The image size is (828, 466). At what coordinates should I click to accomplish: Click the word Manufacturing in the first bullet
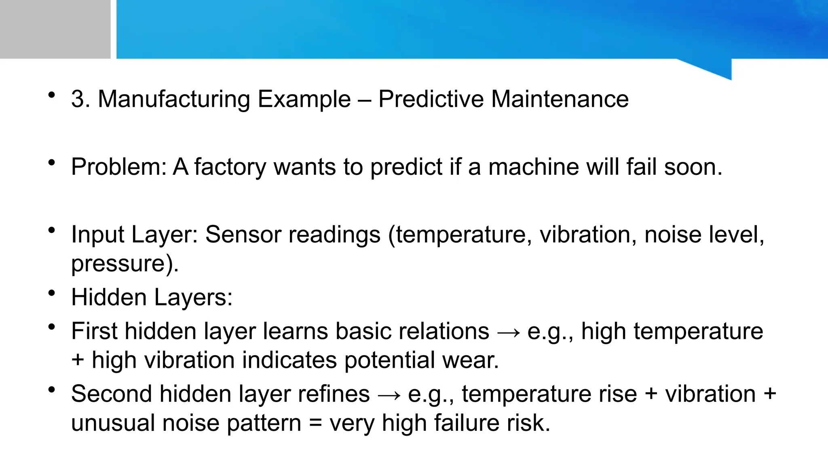[x=174, y=99]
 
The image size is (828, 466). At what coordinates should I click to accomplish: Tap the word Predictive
[x=431, y=99]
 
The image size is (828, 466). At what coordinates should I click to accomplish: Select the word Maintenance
[x=560, y=99]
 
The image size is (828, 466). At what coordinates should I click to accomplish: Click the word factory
[x=230, y=167]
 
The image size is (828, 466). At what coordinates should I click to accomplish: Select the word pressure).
[x=125, y=264]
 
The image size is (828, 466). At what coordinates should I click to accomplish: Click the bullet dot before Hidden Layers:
[x=51, y=293]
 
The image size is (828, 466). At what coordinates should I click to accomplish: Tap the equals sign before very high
[x=315, y=423]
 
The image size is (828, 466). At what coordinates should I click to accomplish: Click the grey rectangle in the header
[x=55, y=29]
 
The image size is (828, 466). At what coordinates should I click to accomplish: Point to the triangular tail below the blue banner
[x=716, y=69]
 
